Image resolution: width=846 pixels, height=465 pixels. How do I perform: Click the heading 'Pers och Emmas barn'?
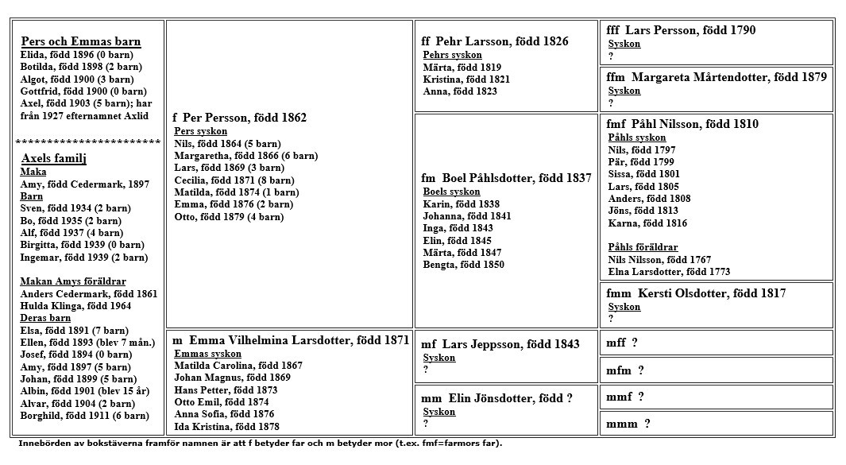pyautogui.click(x=81, y=42)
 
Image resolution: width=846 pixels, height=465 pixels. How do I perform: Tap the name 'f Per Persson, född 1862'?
pyautogui.click(x=239, y=118)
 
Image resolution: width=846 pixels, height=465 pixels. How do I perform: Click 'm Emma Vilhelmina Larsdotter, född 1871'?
pyautogui.click(x=291, y=340)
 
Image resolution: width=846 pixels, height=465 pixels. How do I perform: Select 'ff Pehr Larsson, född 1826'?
pyautogui.click(x=495, y=41)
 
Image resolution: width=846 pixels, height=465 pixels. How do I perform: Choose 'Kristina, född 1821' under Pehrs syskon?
pyautogui.click(x=466, y=79)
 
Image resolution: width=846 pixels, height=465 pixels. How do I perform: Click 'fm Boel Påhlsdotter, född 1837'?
pyautogui.click(x=506, y=178)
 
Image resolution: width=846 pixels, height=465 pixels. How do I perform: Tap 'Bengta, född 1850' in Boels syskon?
pyautogui.click(x=463, y=265)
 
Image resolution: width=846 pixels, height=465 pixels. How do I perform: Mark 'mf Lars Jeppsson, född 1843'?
pyautogui.click(x=489, y=344)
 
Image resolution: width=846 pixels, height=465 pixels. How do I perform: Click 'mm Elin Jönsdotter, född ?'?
pyautogui.click(x=496, y=398)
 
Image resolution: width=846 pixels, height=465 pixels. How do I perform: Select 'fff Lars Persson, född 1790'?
pyautogui.click(x=681, y=30)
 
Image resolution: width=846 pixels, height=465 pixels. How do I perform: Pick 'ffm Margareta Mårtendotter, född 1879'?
pyautogui.click(x=716, y=77)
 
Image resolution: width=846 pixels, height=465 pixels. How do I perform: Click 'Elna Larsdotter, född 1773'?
pyautogui.click(x=658, y=271)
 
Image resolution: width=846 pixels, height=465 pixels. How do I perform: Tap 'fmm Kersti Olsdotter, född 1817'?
pyautogui.click(x=696, y=293)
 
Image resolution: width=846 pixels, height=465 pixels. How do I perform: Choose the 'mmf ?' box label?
pyautogui.click(x=624, y=397)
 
